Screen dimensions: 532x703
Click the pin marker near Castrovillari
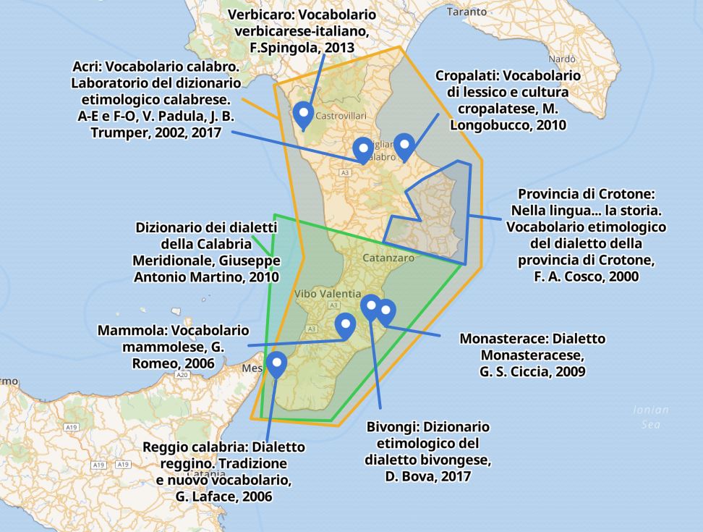[x=303, y=113]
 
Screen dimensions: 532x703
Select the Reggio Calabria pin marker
[x=276, y=363]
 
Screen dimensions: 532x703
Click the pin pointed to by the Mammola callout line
[x=346, y=326]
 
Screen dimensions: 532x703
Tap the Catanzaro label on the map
[x=389, y=257]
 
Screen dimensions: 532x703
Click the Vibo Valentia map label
[x=328, y=294]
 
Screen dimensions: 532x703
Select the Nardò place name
[x=562, y=59]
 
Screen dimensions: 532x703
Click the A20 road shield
[x=182, y=375]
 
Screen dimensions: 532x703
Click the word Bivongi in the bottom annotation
[x=389, y=426]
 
